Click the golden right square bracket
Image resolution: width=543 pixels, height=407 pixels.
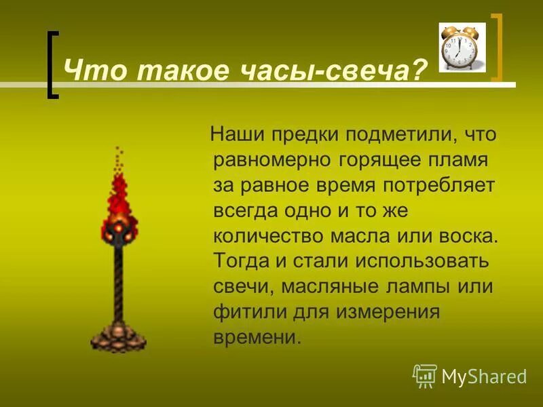pyautogui.click(x=498, y=47)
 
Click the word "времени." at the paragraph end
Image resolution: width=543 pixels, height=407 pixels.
pyautogui.click(x=257, y=337)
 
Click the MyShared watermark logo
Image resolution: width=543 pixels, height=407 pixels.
pyautogui.click(x=470, y=375)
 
